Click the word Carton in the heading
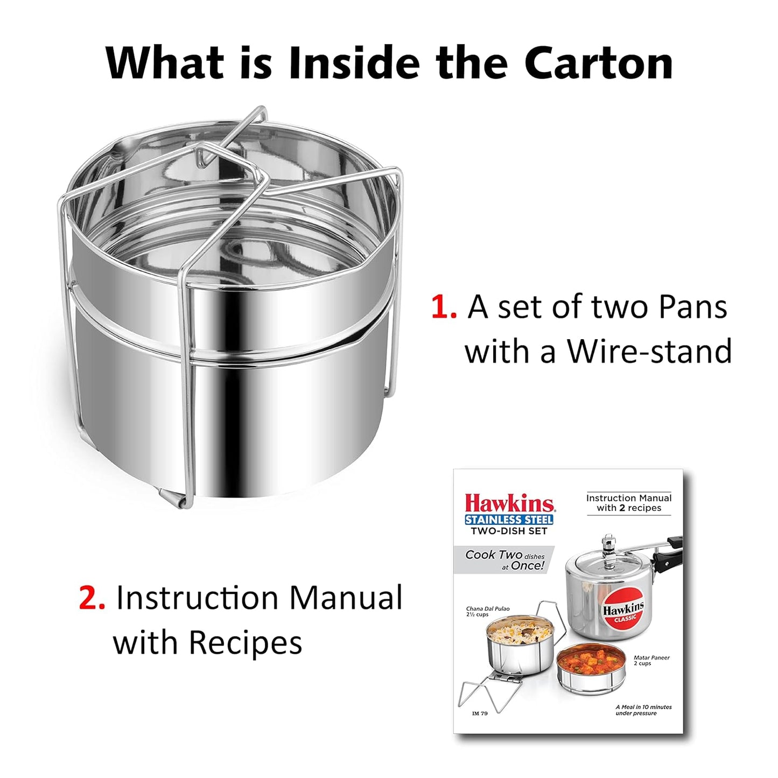point(598,63)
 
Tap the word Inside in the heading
point(353,63)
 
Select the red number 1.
point(444,307)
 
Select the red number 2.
point(92,599)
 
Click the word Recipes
point(245,643)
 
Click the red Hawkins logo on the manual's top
point(509,503)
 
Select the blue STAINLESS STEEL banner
point(509,520)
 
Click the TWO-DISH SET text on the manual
point(509,531)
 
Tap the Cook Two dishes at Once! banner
point(504,560)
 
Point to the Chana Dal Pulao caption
point(487,611)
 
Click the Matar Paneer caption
point(651,660)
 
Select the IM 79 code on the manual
point(480,713)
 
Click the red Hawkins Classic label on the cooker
point(623,613)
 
